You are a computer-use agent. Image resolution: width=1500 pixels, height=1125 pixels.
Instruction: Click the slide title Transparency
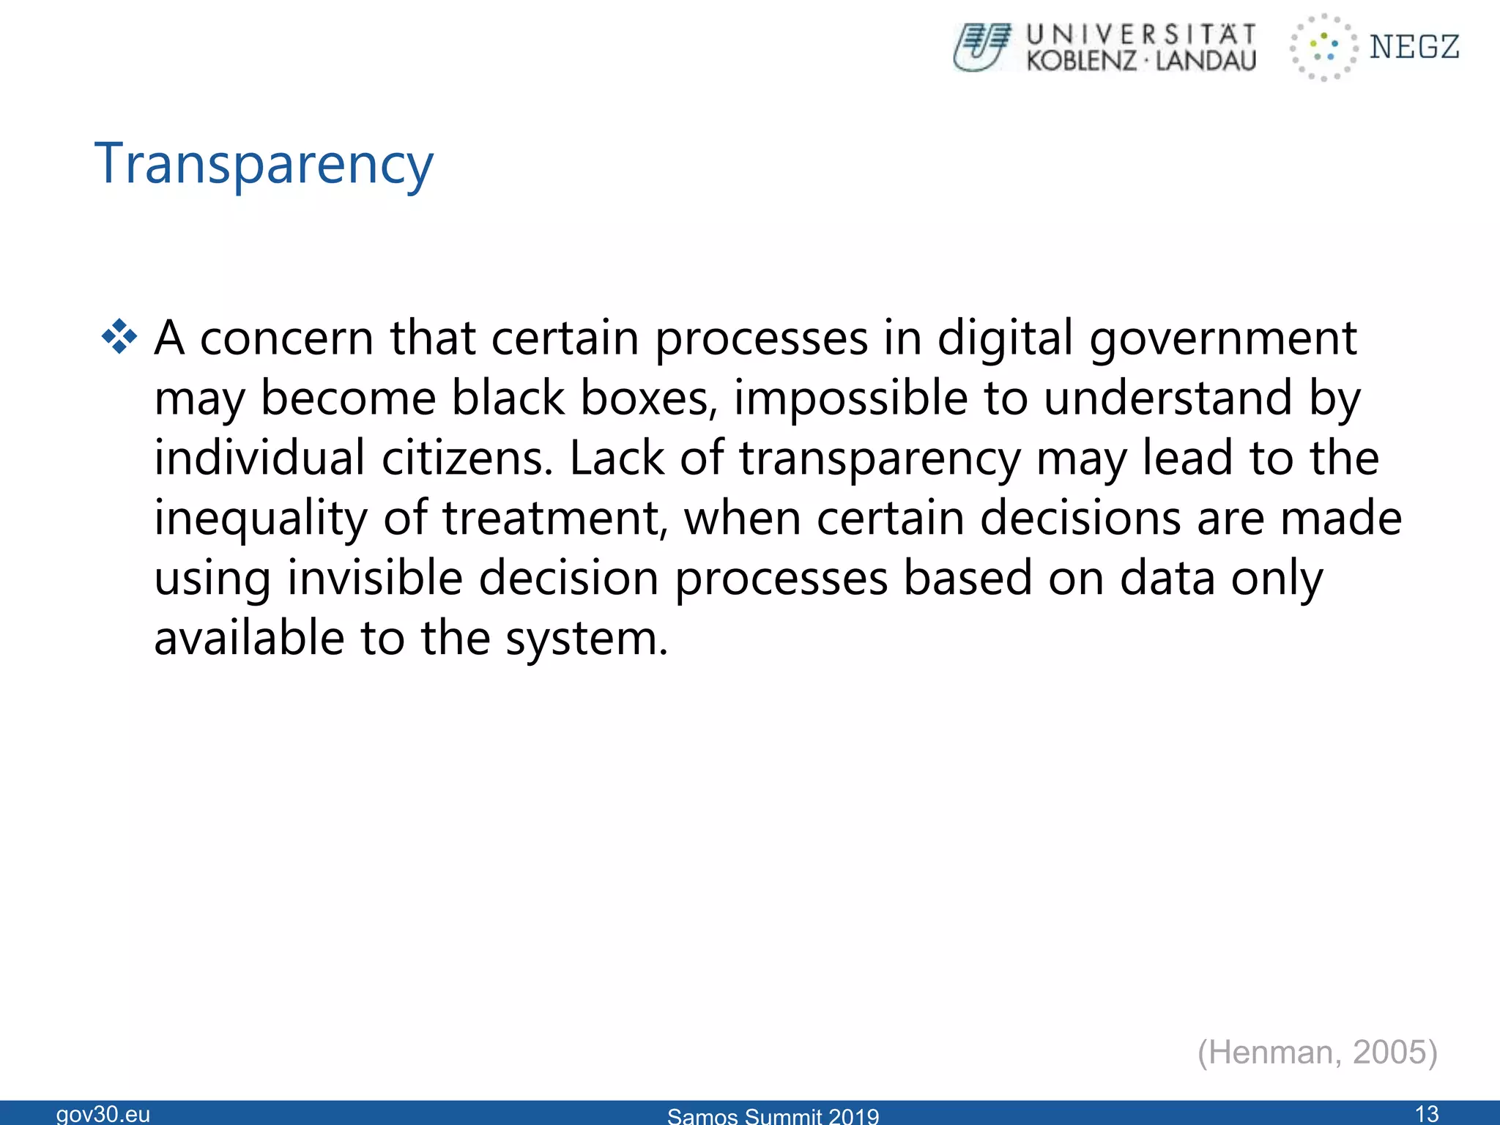264,165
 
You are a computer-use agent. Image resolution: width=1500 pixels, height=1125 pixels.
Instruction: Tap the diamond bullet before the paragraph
119,338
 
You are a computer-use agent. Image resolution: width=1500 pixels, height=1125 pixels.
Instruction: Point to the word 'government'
1223,339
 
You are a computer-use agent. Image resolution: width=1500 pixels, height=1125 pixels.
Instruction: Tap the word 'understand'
1167,399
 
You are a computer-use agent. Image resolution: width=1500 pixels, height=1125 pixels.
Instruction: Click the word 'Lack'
617,459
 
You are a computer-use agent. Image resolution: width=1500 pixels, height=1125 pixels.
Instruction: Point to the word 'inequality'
261,519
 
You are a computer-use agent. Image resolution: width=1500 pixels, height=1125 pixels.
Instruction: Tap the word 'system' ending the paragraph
586,639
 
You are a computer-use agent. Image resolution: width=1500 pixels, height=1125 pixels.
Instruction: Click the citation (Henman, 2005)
1317,1052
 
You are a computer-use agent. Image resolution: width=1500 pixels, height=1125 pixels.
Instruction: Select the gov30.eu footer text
103,1114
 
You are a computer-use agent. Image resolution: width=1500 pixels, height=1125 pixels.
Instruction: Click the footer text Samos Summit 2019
773,1116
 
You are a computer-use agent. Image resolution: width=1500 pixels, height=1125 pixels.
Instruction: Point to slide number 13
1427,1114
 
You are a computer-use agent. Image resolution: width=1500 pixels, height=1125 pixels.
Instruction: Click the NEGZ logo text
1414,47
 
